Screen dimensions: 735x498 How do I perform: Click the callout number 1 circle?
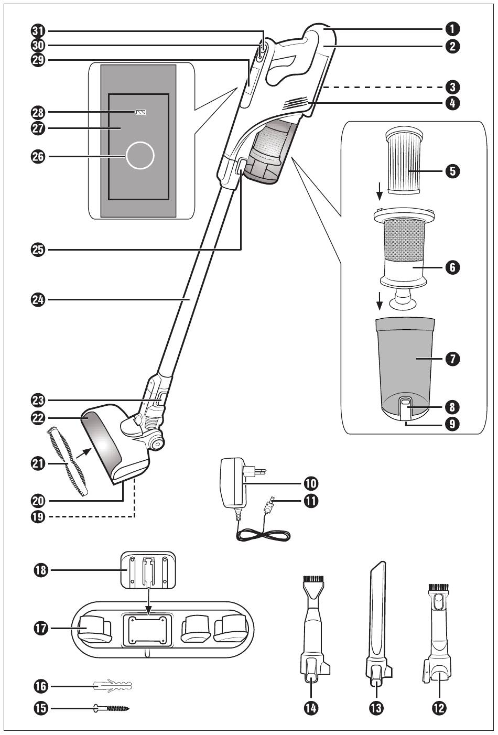(x=452, y=29)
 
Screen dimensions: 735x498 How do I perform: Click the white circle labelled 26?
(x=140, y=156)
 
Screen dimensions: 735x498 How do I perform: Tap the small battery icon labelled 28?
(x=140, y=112)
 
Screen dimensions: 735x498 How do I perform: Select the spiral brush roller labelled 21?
(x=68, y=460)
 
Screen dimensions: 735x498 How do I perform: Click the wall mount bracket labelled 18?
(x=148, y=570)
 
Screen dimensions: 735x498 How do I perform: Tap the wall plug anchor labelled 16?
(x=113, y=686)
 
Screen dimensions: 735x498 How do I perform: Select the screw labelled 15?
(x=111, y=708)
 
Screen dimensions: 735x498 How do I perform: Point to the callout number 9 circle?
(x=452, y=424)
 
